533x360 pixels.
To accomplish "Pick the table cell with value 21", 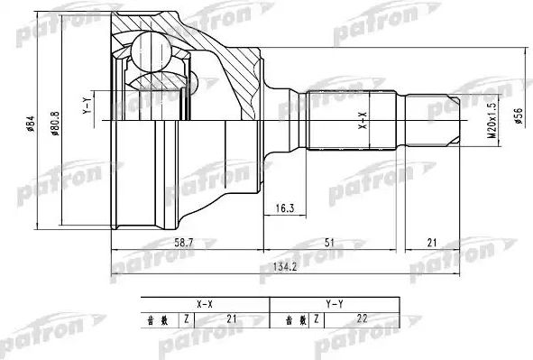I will (234, 318).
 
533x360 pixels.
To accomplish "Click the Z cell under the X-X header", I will (186, 318).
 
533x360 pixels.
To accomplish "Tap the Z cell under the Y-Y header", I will (315, 318).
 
